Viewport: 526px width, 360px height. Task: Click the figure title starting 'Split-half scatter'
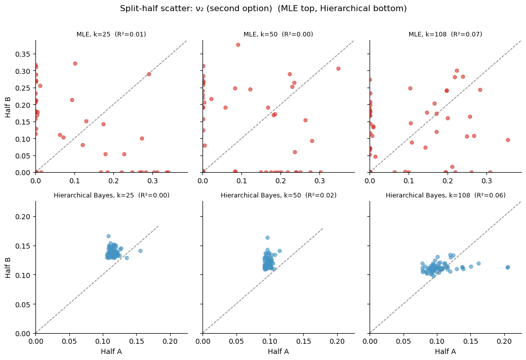click(263, 9)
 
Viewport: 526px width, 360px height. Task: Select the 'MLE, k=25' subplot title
click(111, 34)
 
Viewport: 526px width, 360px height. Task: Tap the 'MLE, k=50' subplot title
click(278, 34)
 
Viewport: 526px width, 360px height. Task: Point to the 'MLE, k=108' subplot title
click(446, 34)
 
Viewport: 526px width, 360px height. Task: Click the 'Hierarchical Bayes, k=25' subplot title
click(111, 195)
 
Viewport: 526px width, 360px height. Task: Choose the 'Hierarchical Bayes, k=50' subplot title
click(278, 195)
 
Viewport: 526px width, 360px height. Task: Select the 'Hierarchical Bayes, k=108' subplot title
click(446, 195)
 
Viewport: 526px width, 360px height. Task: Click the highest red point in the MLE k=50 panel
click(238, 45)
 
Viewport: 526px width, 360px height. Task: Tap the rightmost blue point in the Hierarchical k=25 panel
click(140, 251)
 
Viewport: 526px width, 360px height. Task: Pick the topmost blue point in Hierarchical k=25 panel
click(108, 236)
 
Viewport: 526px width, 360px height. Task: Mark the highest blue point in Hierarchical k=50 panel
click(267, 237)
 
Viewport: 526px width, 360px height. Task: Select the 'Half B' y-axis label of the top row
click(9, 106)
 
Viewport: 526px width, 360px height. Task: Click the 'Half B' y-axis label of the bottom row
click(9, 267)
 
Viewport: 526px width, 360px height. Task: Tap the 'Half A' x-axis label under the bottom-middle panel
click(278, 351)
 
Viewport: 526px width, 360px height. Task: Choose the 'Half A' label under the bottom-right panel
click(446, 351)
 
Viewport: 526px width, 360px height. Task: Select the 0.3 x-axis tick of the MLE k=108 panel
click(487, 181)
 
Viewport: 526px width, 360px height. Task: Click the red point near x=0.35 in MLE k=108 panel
click(508, 140)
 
